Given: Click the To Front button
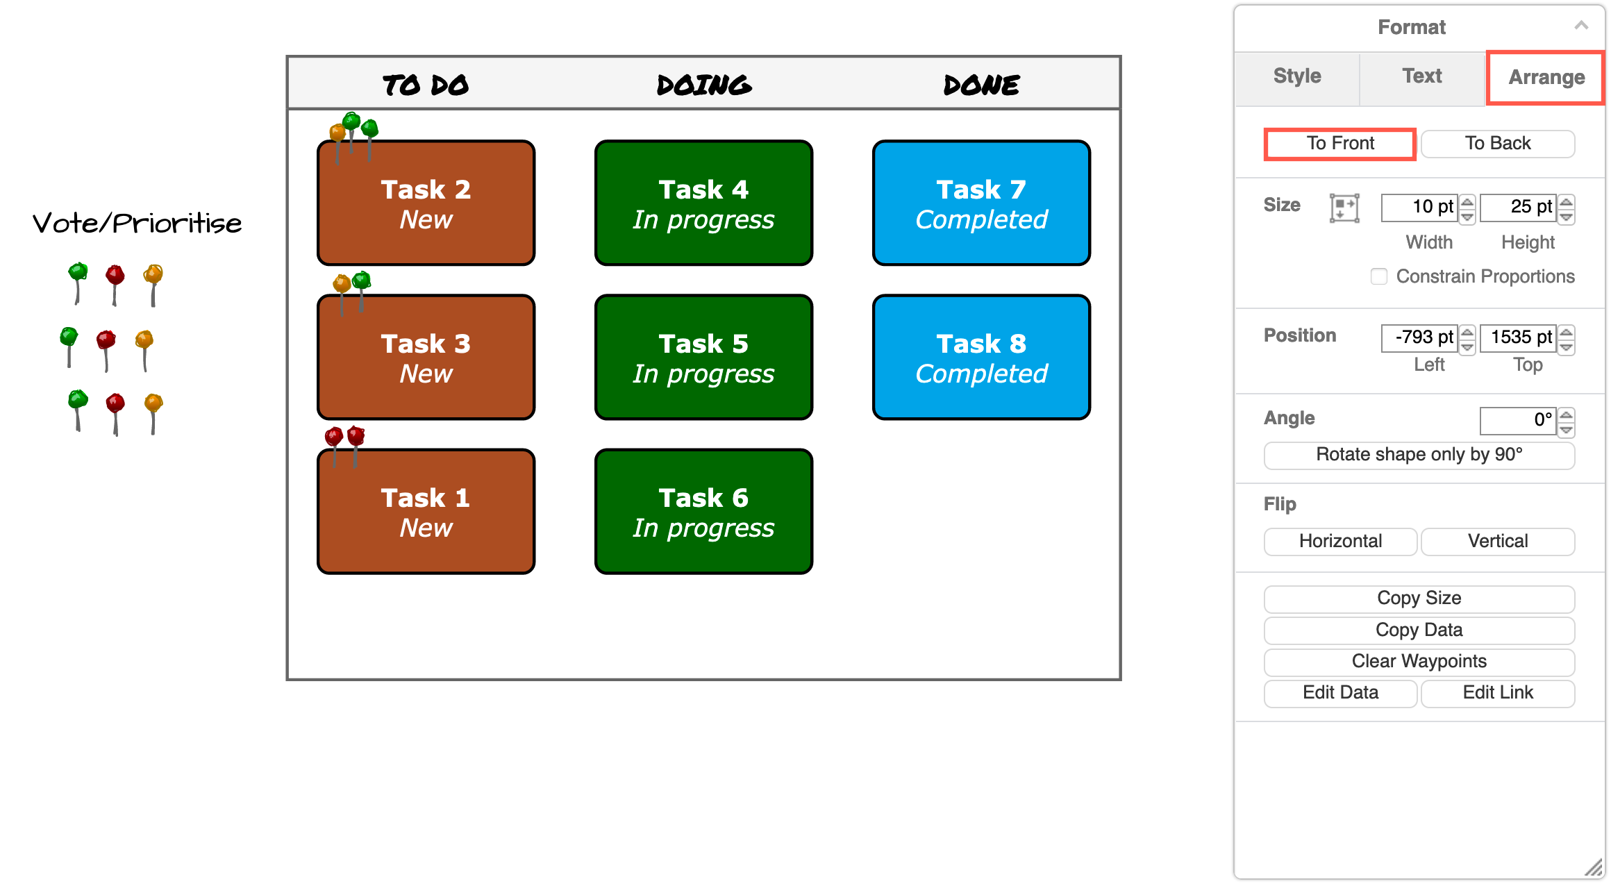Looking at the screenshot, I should point(1339,144).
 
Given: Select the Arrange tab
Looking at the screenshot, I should point(1546,77).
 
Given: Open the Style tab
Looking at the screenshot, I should point(1296,76).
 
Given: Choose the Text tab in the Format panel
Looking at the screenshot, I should point(1421,76).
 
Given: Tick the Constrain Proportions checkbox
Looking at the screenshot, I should point(1379,276).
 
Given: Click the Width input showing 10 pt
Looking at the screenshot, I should point(1419,207).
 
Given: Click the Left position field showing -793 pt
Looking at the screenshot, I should point(1419,337).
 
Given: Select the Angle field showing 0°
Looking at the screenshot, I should point(1518,420).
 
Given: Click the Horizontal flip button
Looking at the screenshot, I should point(1340,541).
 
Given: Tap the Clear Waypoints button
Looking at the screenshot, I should point(1419,661).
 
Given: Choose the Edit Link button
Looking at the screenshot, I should point(1498,692).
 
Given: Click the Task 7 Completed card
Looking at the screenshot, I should point(980,203).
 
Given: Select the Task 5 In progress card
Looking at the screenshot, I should point(703,358).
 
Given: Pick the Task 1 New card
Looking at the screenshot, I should point(426,512).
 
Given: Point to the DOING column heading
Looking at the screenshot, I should point(703,85).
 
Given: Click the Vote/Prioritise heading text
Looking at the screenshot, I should point(137,224).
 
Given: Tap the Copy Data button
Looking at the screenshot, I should point(1419,630).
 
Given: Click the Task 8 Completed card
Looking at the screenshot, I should point(980,358).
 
